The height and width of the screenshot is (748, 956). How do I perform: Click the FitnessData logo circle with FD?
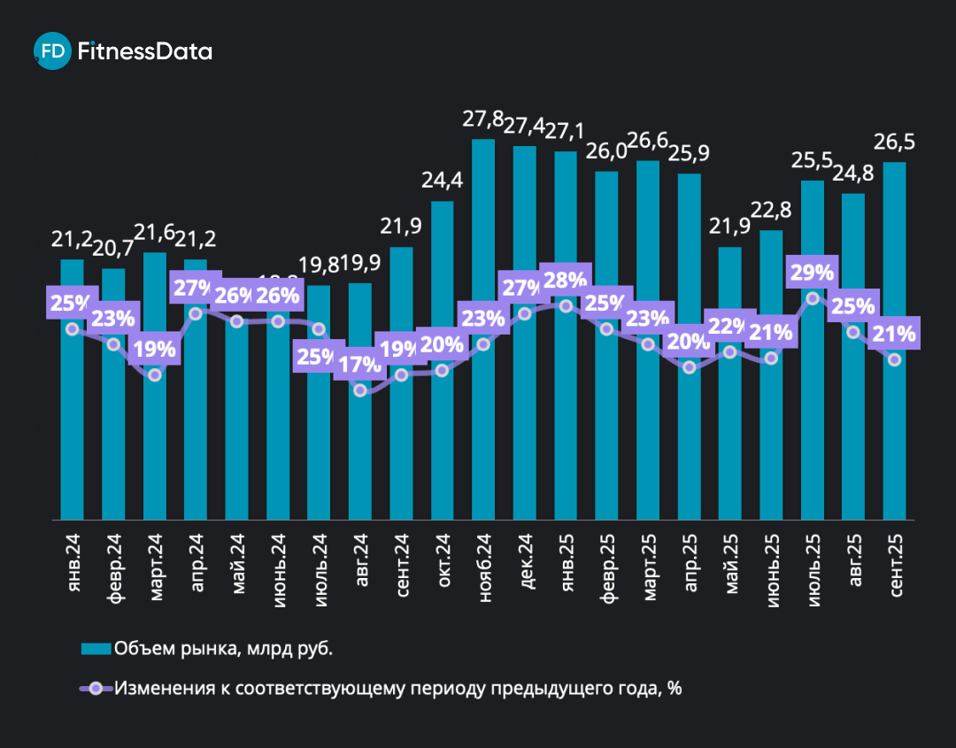click(53, 51)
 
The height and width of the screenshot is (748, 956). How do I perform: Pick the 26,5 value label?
click(894, 143)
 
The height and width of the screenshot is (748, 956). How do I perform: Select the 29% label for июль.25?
click(813, 274)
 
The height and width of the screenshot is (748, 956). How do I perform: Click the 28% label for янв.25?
click(566, 281)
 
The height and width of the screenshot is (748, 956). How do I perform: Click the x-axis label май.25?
click(731, 567)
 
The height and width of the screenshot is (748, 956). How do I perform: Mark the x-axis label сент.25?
click(895, 570)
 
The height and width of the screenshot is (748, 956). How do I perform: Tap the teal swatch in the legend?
click(96, 649)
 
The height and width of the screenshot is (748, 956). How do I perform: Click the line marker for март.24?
click(155, 374)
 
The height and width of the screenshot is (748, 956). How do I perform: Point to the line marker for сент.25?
click(894, 359)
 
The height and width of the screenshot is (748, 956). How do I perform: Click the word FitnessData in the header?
click(145, 51)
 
